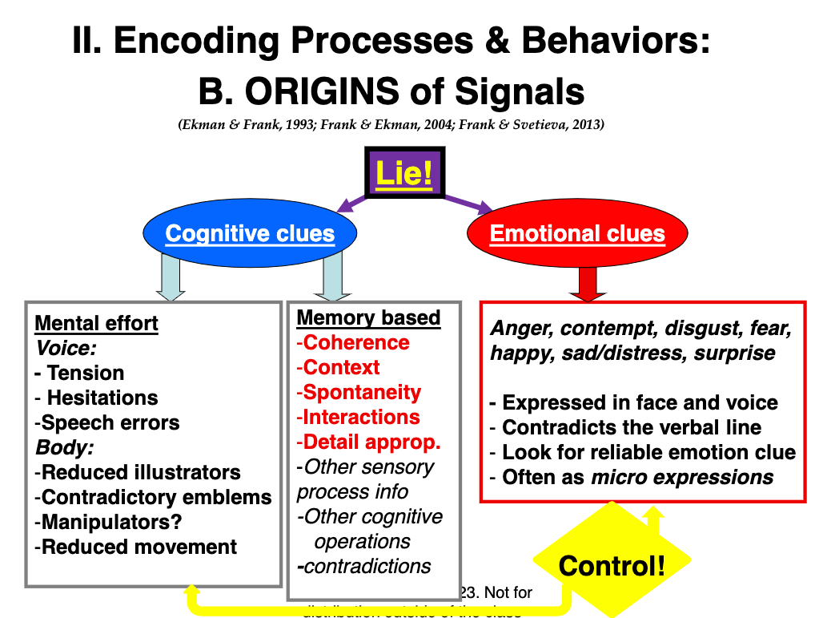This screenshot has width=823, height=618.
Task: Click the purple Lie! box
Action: point(404,172)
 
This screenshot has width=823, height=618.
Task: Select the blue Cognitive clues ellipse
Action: point(250,233)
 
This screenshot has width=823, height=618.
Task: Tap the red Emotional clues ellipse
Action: point(577,233)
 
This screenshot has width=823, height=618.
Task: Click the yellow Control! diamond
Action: point(611,565)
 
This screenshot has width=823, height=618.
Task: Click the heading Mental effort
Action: point(96,324)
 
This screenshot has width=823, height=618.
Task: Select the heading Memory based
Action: point(368,317)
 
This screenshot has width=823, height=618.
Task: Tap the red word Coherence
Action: point(355,342)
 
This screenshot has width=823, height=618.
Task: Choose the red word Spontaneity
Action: point(360,392)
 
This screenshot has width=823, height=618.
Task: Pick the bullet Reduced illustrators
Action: point(141,472)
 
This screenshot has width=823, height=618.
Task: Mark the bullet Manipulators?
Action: point(112,522)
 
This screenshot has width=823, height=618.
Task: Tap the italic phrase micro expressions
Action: point(682,478)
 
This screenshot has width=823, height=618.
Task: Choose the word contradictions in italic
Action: point(367,566)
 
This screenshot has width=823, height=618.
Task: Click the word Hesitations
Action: point(102,398)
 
